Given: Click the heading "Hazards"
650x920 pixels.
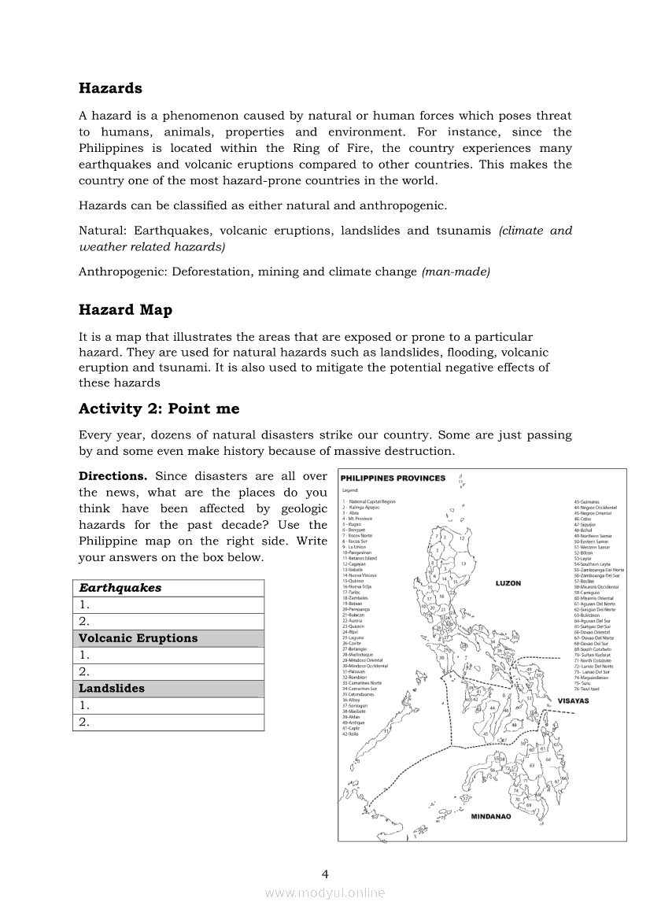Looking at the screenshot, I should (110, 88).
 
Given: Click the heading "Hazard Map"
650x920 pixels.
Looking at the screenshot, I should (125, 310).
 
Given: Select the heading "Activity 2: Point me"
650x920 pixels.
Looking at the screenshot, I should (159, 409).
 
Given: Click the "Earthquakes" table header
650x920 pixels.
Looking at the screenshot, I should (120, 588).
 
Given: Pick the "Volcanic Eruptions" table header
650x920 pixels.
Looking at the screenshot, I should (138, 638).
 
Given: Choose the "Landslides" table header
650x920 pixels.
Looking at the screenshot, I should (112, 688).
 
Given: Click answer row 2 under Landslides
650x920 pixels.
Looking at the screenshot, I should (168, 722).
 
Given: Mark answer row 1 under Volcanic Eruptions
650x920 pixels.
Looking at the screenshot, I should (168, 655).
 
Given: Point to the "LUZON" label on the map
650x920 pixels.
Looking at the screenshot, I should (508, 583).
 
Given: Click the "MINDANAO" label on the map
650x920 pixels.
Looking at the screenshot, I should (491, 816).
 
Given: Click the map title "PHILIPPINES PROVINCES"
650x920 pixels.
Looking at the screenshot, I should (393, 478).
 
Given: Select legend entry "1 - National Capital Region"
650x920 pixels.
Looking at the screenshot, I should (369, 501).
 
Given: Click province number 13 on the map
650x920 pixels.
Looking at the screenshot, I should (463, 564).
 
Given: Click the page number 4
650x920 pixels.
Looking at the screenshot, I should (325, 873).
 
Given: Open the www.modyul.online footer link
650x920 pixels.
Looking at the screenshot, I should (325, 892).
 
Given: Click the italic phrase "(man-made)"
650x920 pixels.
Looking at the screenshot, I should (456, 272).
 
